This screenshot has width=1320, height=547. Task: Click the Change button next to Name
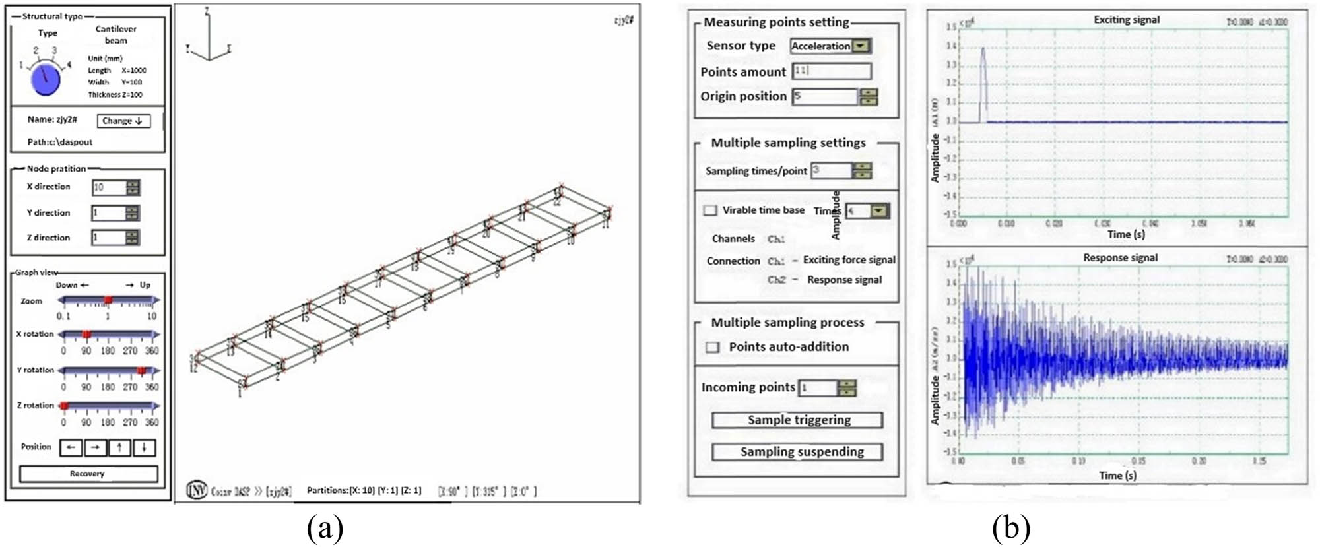click(123, 121)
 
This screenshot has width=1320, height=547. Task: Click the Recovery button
click(88, 474)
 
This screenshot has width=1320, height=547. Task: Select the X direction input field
click(109, 187)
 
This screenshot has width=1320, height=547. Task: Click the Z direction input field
click(109, 238)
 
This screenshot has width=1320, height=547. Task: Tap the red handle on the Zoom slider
click(108, 300)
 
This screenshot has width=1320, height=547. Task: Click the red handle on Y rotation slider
click(141, 370)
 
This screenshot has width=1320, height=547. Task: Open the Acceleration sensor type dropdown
click(861, 46)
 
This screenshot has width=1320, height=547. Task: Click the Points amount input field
click(831, 71)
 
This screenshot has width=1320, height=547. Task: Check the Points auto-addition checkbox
click(713, 347)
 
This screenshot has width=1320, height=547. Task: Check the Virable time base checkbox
click(710, 210)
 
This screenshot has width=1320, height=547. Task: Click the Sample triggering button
click(797, 420)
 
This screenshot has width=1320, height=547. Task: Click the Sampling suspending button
click(797, 452)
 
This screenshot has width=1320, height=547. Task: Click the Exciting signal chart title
click(1126, 20)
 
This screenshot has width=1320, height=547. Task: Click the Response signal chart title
click(1120, 257)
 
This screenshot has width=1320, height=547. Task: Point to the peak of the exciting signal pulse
click(983, 48)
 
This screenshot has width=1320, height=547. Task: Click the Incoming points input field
click(818, 388)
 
